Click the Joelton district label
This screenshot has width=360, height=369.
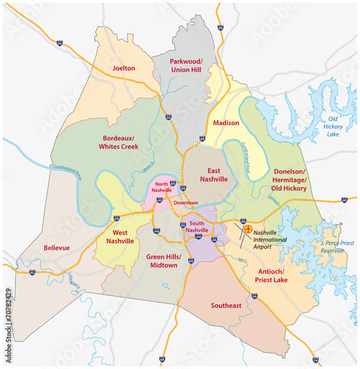point(124,68)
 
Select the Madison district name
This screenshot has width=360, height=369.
point(226,123)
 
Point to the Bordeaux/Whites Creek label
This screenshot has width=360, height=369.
point(121,142)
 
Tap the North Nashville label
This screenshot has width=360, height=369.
point(164,188)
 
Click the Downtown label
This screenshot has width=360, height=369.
point(186,201)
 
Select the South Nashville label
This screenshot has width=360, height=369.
point(197,227)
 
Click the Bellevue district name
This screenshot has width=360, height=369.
point(57,248)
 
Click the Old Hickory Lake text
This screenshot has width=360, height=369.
point(333,128)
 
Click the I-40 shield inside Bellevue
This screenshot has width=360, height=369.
point(32,272)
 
